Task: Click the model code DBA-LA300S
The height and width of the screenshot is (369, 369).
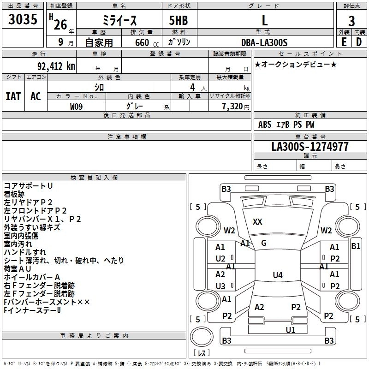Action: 264,42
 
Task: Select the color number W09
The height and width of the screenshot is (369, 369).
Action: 77,106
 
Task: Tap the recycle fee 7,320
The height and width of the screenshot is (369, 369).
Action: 232,106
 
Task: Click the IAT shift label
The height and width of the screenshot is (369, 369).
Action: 13,96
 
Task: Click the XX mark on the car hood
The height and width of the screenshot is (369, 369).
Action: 257,222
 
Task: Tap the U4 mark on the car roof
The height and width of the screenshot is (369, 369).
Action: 277,275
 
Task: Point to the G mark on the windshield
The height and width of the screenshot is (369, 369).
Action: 264,243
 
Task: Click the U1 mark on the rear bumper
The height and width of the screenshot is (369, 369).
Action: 290,330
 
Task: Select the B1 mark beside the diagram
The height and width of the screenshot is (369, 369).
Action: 356,246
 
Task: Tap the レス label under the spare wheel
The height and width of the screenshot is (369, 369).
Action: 202,354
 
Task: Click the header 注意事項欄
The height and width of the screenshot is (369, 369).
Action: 127,137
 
